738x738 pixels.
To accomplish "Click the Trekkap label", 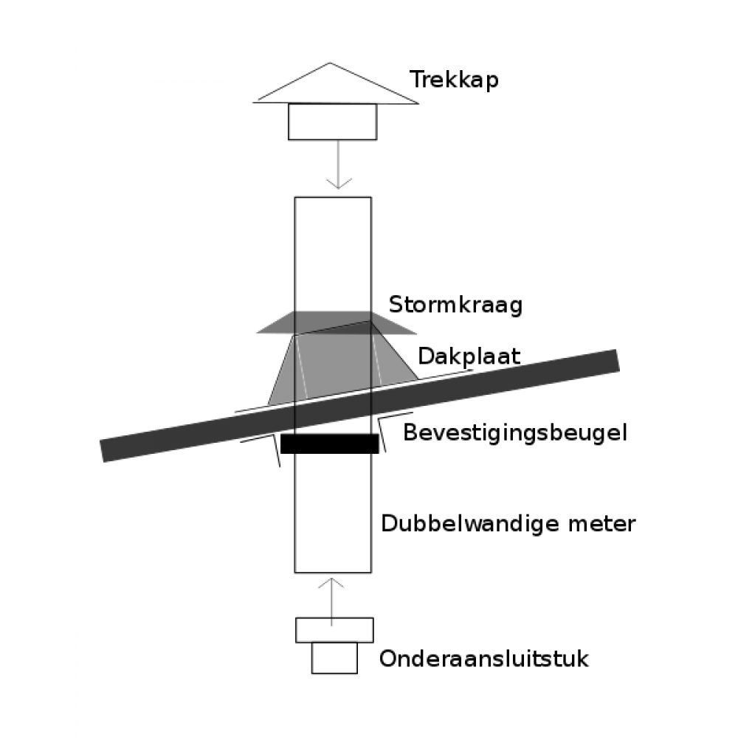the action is pos(454,80).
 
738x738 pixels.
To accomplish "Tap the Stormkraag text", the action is pos(455,305).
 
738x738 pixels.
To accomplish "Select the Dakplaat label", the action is pos(469,356).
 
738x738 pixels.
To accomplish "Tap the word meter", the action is pos(602,524).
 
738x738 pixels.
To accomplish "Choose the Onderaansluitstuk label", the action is pos(484,658).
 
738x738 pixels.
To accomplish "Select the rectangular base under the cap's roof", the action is pos(332,122).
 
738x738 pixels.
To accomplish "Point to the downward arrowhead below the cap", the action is pos(339,184).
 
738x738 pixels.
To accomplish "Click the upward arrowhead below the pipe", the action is pos(331,583).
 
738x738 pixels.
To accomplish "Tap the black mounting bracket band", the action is pos(329,444).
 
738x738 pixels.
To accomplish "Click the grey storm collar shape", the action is pos(337,323).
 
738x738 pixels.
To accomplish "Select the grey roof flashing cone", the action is pos(342,365).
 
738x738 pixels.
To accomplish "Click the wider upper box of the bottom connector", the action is pos(334,630).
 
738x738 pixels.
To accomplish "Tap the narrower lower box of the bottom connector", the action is pos(334,658).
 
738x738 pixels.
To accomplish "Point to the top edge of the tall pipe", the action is pos(333,197).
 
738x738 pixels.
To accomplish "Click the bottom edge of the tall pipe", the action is pos(333,573).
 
